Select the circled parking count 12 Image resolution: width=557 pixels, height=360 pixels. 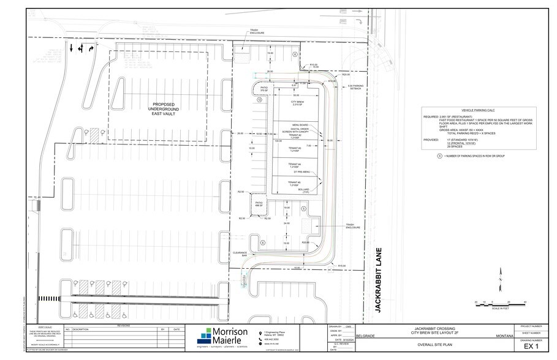tap(259, 99)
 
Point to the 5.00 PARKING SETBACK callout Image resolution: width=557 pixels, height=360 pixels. tap(356, 87)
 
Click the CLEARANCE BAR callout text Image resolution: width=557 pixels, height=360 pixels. tap(239, 253)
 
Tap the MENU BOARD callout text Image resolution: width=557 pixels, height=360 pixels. tap(290, 124)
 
